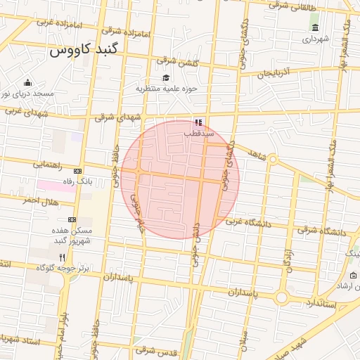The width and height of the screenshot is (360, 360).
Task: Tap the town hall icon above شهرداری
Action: (x=314, y=27)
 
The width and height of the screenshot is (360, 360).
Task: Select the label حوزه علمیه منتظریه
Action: (x=167, y=89)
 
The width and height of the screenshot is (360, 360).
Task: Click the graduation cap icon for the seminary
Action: (x=166, y=78)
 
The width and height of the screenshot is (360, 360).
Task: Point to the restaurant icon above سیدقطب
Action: (x=198, y=122)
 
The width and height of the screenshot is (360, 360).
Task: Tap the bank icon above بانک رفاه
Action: (x=77, y=171)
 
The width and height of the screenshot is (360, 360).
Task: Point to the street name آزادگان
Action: (x=288, y=260)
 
